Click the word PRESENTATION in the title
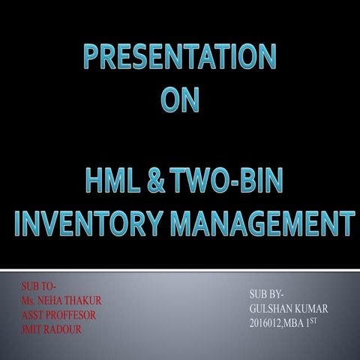(x=180, y=58)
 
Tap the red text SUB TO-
(x=39, y=286)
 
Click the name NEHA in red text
(x=53, y=300)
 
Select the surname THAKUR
(x=85, y=300)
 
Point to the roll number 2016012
(x=267, y=322)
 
